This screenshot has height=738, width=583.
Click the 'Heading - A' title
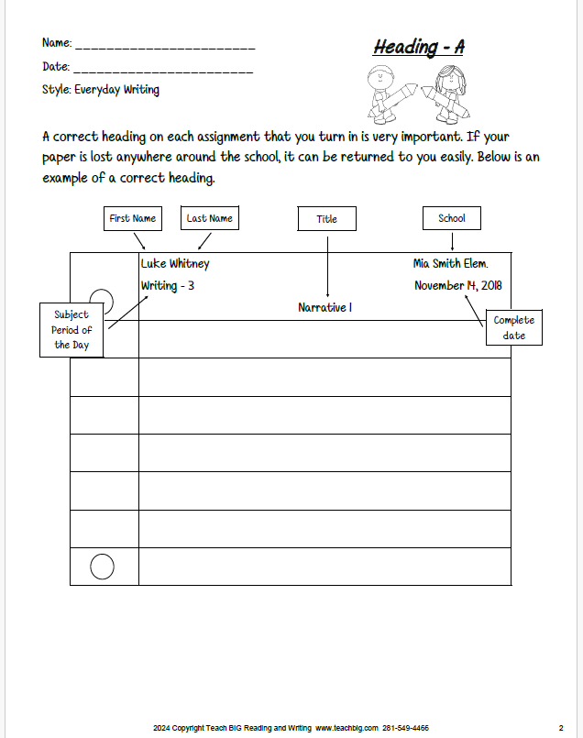tap(418, 47)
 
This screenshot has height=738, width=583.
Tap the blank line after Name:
tap(165, 45)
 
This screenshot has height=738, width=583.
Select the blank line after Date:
tap(162, 68)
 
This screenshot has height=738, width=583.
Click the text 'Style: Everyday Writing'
tap(101, 90)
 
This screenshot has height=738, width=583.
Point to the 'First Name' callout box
tap(132, 218)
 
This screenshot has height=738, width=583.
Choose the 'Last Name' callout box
tap(209, 218)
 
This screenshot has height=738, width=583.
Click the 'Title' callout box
tap(327, 219)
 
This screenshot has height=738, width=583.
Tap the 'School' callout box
tap(451, 218)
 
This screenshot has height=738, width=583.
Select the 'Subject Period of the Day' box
tap(71, 330)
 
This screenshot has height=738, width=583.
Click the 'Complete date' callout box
tap(513, 328)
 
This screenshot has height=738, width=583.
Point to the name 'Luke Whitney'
tap(175, 264)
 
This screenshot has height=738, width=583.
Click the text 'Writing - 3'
tap(168, 286)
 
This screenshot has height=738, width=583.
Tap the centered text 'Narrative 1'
tap(324, 308)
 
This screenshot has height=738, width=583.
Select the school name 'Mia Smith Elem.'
tap(450, 264)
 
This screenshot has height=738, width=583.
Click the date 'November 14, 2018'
tap(457, 286)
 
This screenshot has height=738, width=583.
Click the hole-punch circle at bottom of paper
tap(103, 567)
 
